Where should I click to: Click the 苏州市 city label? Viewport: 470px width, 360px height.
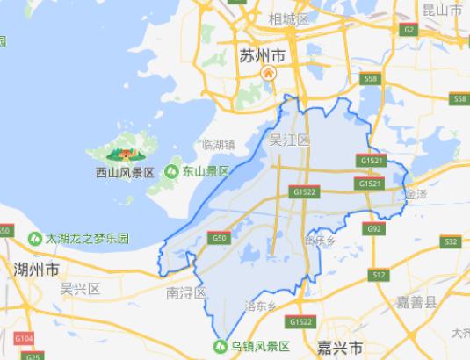[263, 55]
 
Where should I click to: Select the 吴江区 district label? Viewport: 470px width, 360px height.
[289, 140]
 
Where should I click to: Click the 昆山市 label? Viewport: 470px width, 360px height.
[443, 11]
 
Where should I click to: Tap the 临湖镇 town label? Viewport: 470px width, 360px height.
[219, 145]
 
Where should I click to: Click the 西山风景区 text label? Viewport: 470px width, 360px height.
[125, 173]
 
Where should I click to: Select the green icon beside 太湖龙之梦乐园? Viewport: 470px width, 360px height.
[36, 238]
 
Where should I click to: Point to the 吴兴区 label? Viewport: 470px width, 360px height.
[80, 288]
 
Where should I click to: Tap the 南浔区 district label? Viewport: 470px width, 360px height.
[185, 292]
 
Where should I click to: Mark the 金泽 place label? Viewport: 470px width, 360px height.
[416, 191]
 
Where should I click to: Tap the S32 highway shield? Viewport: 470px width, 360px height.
[451, 241]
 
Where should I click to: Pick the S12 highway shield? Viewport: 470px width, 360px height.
[379, 275]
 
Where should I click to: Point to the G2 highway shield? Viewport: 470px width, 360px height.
[409, 29]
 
